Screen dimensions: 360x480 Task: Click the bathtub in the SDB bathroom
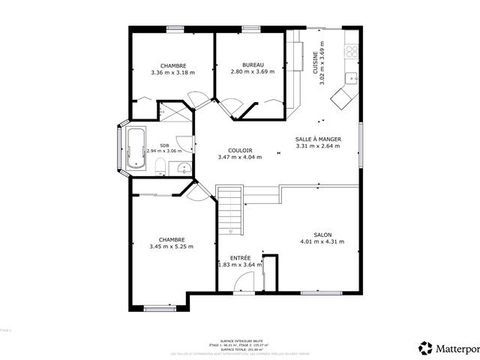pyautogui.click(x=136, y=148)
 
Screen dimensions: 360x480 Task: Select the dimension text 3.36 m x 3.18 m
pyautogui.click(x=172, y=73)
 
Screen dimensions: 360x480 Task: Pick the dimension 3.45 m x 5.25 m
pyautogui.click(x=171, y=247)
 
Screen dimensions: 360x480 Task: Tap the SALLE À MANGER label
pyautogui.click(x=319, y=139)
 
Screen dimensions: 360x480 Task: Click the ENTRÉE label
pyautogui.click(x=240, y=257)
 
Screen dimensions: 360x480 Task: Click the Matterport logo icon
pyautogui.click(x=426, y=347)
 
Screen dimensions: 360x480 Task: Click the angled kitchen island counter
pyautogui.click(x=346, y=96)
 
